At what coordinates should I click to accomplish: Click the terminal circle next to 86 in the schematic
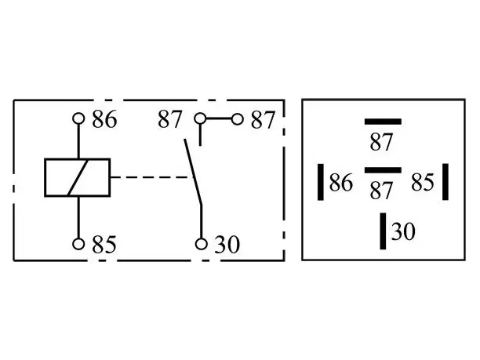(x=78, y=118)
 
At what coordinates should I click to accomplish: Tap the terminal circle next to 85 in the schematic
(x=78, y=244)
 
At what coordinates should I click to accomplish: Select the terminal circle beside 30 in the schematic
(x=201, y=244)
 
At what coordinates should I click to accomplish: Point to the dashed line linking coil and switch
(x=151, y=177)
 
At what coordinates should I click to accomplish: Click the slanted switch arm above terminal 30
(x=193, y=173)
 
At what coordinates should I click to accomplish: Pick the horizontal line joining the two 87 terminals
(x=219, y=118)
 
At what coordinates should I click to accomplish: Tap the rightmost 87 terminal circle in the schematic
(x=237, y=119)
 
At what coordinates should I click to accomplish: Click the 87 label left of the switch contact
(x=170, y=119)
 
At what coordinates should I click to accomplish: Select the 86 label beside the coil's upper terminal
(x=104, y=119)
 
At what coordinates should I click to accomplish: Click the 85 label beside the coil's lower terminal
(x=104, y=244)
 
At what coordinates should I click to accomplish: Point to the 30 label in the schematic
(x=227, y=244)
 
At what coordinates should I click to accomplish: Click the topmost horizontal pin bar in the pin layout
(x=383, y=122)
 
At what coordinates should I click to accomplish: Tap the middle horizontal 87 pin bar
(x=383, y=170)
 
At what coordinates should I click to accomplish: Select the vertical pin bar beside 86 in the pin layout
(x=321, y=182)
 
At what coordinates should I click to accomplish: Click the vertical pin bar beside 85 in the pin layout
(x=445, y=182)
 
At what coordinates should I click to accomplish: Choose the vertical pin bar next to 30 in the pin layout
(x=383, y=231)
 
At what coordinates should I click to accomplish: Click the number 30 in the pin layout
(x=403, y=231)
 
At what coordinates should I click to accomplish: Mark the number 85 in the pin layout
(x=423, y=182)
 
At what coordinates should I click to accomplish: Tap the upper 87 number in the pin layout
(x=381, y=142)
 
